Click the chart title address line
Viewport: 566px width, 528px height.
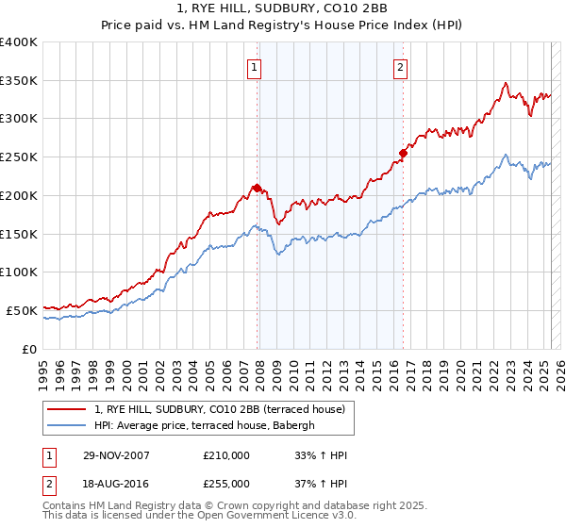282,10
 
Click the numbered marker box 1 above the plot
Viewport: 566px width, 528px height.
256,67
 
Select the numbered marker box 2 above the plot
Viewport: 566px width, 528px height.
401,67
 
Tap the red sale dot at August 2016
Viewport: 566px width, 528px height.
403,153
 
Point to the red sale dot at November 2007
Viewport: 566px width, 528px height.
257,187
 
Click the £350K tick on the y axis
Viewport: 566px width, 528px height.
19,80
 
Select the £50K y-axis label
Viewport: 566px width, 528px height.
22,310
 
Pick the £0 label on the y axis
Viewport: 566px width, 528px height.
29,349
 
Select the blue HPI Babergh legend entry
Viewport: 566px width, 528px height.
209,425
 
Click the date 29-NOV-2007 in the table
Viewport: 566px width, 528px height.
116,455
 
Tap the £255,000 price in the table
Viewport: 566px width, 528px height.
226,484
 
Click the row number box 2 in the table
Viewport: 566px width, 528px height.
49,484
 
